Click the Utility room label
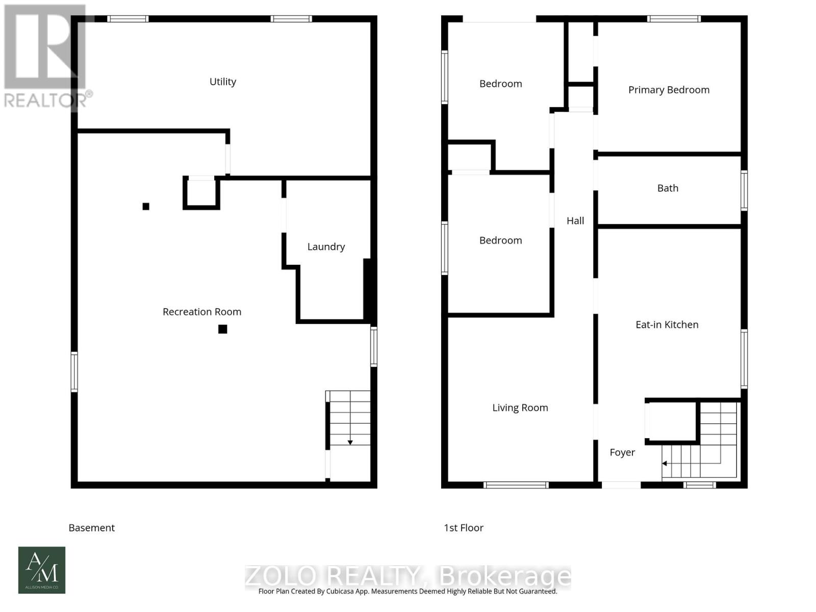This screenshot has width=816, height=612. [x=223, y=82]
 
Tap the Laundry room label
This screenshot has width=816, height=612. [x=326, y=247]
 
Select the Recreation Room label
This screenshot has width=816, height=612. [x=202, y=312]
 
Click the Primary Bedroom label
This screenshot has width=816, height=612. [x=669, y=90]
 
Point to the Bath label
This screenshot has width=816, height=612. [x=668, y=188]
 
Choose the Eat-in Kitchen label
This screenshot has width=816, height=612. [x=667, y=325]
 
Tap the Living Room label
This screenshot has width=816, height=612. [x=520, y=407]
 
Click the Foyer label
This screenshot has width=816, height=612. [x=622, y=452]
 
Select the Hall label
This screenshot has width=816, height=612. [x=575, y=221]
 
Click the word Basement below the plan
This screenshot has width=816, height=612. [x=92, y=528]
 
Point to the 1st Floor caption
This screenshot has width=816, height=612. [x=464, y=528]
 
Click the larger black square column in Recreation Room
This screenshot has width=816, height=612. [x=223, y=329]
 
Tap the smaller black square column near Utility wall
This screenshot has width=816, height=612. [x=146, y=207]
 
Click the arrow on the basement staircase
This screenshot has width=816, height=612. [x=350, y=442]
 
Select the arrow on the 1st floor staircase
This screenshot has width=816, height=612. [x=665, y=464]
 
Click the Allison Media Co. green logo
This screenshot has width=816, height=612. [x=42, y=570]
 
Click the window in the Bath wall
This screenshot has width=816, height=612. [x=744, y=191]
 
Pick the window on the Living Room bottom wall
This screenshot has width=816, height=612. [x=516, y=485]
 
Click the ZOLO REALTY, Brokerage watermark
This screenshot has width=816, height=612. [x=408, y=576]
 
